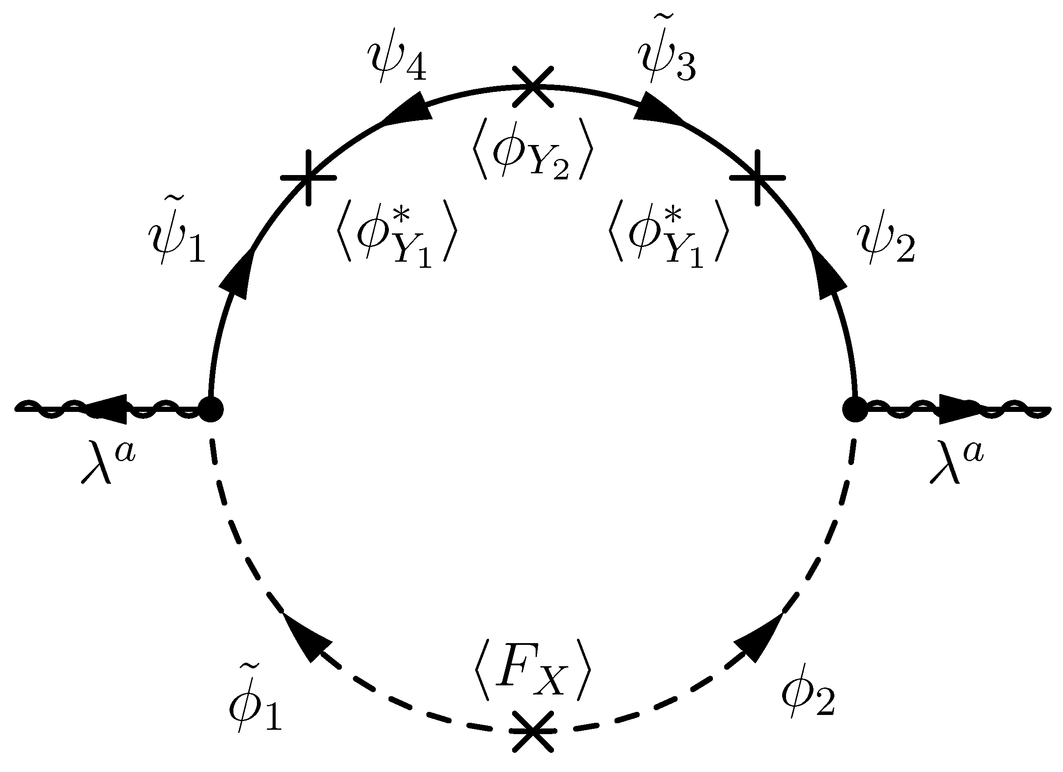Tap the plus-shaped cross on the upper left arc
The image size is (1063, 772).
(308, 178)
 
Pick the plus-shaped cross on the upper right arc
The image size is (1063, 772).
(757, 178)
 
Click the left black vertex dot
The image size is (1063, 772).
(211, 409)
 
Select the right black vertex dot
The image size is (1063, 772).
(855, 409)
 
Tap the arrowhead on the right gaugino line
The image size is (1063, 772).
(956, 409)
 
